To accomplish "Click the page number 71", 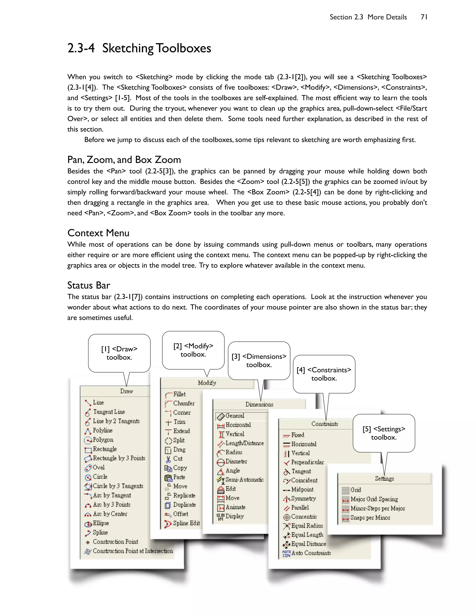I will click(424, 17).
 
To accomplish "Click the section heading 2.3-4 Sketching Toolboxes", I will click(139, 48).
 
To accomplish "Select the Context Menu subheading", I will click(98, 233).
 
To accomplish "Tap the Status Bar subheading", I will click(89, 285).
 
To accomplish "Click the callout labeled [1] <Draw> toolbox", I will click(119, 353).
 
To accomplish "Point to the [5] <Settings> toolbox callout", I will click(383, 433).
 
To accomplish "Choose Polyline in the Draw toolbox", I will click(102, 431).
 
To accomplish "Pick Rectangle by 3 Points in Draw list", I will click(119, 458).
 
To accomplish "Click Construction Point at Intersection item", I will click(132, 551).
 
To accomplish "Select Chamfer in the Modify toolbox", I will click(184, 403).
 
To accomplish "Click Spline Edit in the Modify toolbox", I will click(186, 523).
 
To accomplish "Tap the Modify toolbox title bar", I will click(207, 383).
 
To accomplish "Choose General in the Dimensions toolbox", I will click(235, 416).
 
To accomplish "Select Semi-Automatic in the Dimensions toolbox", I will click(244, 480).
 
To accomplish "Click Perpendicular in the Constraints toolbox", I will click(307, 462).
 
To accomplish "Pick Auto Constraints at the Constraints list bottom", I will click(311, 553).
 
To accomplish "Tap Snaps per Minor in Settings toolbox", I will click(370, 518).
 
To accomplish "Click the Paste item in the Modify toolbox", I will click(179, 477).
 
